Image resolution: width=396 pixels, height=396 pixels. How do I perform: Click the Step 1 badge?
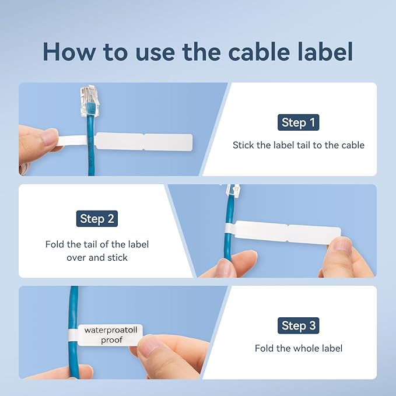pyautogui.click(x=298, y=122)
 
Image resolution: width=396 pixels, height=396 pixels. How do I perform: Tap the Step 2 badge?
pyautogui.click(x=97, y=219)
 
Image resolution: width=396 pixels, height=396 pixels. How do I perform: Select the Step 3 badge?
pyautogui.click(x=298, y=325)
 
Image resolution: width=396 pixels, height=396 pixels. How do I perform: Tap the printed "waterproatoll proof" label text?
pyautogui.click(x=111, y=334)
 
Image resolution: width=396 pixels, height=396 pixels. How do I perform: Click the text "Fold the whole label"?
pyautogui.click(x=298, y=348)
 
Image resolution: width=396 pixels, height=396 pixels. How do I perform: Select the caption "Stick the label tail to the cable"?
pyautogui.click(x=298, y=145)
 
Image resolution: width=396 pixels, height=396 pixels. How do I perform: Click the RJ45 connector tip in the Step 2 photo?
pyautogui.click(x=233, y=190)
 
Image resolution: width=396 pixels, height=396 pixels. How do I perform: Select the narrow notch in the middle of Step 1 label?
pyautogui.click(x=143, y=141)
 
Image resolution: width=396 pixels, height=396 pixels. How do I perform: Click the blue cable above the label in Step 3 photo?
pyautogui.click(x=75, y=303)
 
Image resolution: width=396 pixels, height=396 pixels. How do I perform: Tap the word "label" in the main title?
pyautogui.click(x=327, y=52)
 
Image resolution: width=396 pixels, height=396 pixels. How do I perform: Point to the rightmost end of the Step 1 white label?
pyautogui.click(x=190, y=141)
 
